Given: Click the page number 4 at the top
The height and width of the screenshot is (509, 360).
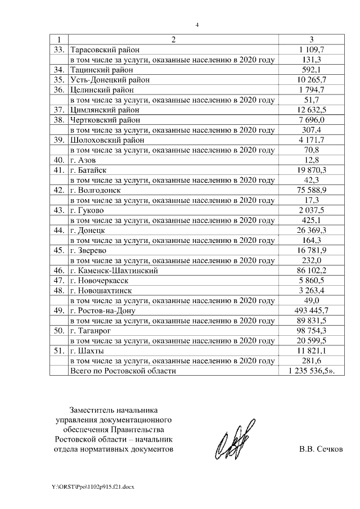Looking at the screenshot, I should [197, 25].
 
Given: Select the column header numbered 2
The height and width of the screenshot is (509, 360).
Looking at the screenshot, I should [173, 40].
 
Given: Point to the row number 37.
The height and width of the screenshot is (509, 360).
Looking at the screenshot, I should [58, 110].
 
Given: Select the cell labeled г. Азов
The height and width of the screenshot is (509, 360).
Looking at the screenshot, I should [84, 160].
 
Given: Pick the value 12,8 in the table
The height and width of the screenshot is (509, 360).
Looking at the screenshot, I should [312, 160].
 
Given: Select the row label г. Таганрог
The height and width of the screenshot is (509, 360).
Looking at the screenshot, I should [91, 331].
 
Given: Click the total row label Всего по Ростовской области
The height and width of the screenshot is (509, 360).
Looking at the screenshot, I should [123, 371].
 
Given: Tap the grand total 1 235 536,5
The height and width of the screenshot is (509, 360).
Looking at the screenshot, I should [311, 371].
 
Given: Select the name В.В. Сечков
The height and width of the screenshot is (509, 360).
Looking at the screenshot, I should [320, 450].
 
